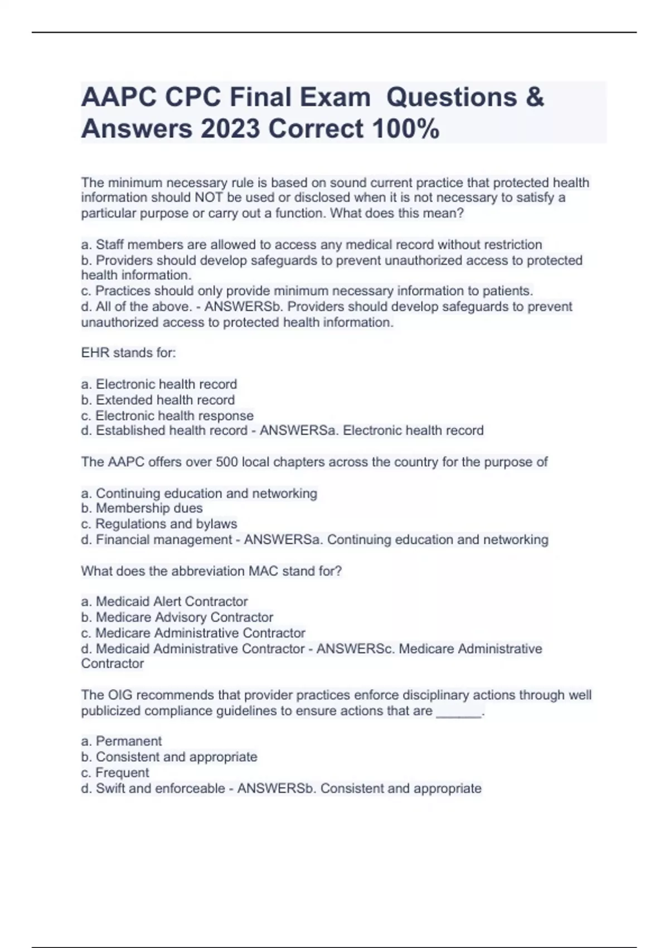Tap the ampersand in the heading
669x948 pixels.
click(534, 97)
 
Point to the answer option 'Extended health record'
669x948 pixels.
click(165, 400)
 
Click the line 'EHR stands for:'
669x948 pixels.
click(128, 353)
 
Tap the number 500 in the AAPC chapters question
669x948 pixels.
click(227, 462)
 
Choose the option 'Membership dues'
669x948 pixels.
click(149, 508)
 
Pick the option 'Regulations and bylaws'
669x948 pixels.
click(166, 524)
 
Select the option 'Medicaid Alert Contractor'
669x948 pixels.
click(172, 602)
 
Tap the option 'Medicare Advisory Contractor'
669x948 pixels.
click(184, 617)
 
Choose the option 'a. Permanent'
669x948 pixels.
click(122, 741)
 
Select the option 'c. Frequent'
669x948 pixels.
click(115, 773)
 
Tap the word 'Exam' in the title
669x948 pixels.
click(335, 97)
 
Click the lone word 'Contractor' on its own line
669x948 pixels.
click(113, 664)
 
